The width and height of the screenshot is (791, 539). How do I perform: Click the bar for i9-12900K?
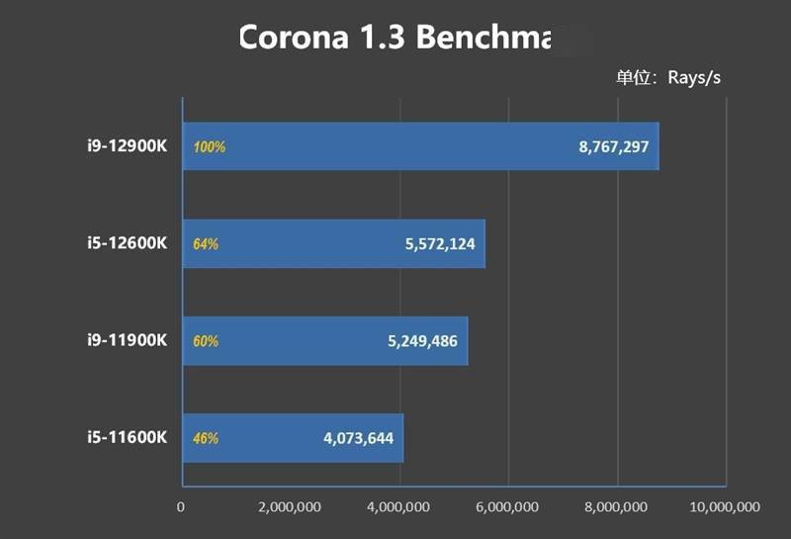coord(420,146)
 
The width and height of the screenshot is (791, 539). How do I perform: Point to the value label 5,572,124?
coord(440,243)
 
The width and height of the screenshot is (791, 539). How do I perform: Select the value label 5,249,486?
coord(422,341)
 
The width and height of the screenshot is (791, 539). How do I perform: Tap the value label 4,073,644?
coord(358,437)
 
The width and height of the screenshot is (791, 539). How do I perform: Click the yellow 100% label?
coord(210,147)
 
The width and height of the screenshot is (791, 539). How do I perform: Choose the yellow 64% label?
coord(206,244)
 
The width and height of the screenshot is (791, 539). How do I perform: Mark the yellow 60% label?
coord(206,341)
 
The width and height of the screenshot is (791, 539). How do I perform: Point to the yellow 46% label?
coord(206,438)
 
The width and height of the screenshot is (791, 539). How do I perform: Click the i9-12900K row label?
coord(126,146)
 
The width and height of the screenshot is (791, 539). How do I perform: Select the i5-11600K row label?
coord(126,437)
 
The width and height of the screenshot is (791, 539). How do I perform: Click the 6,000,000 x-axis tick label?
coord(509,507)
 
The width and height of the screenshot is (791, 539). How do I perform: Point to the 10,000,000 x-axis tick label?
coord(725,507)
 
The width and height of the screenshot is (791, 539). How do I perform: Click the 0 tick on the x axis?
coord(181,507)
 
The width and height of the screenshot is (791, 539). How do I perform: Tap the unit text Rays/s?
coord(694,78)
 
